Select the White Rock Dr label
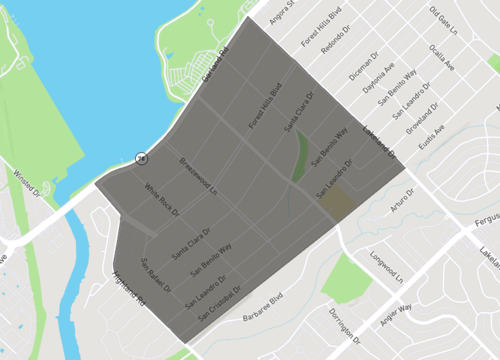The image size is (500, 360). (x=161, y=200)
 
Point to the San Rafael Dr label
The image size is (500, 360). (x=155, y=275)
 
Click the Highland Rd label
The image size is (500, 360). (x=130, y=288)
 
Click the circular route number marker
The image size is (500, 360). (x=142, y=158)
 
